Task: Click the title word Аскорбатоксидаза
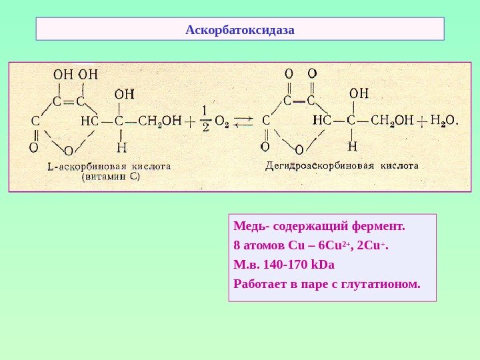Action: [x=240, y=30]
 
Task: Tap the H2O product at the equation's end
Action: [x=443, y=121]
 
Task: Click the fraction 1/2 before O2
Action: [x=205, y=119]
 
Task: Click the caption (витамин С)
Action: [x=110, y=177]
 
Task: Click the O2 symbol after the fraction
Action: [x=222, y=123]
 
